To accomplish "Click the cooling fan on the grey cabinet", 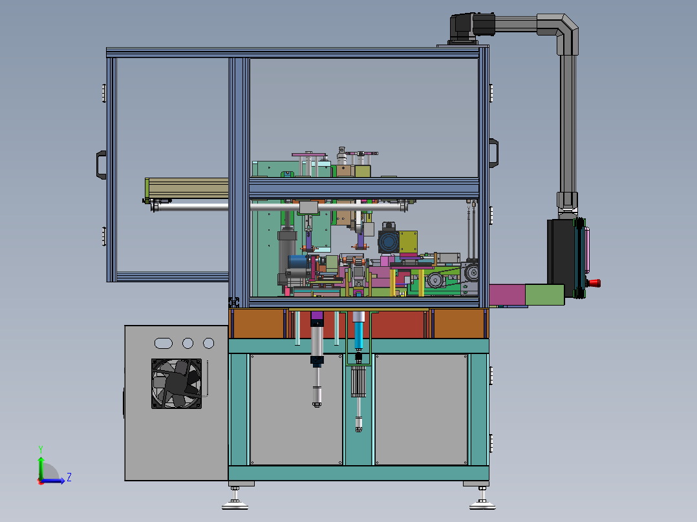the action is coord(177,384).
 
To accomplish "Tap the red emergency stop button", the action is coord(594,283).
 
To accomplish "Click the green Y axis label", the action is coord(41,449).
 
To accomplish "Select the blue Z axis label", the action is coord(69,477).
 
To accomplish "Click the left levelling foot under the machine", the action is coord(235,499).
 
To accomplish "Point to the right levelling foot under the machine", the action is coord(482,499).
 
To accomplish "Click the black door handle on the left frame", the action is coord(102,165).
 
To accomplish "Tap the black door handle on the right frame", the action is coord(494,153).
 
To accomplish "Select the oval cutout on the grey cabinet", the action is coord(163,343).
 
